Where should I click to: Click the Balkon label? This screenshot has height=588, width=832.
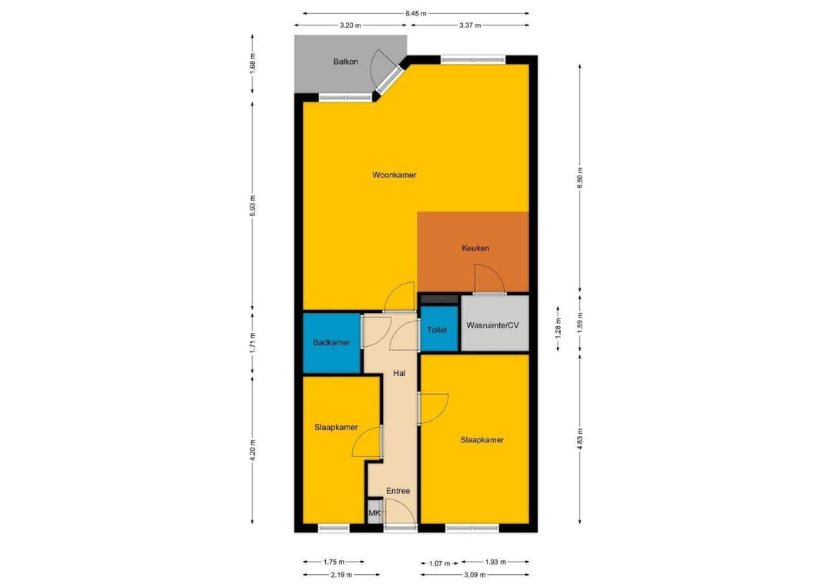pos(345,62)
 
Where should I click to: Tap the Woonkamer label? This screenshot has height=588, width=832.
pos(394,175)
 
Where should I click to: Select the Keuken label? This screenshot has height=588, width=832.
pos(475,248)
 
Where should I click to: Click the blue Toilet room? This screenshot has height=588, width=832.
pos(437,330)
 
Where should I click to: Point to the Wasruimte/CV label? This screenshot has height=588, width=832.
pos(493,325)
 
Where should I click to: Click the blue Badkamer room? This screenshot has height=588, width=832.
pos(331,343)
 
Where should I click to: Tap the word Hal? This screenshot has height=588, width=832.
pos(399,373)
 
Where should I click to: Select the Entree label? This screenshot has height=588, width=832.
pos(398,491)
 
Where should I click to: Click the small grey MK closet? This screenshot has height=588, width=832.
pos(374,513)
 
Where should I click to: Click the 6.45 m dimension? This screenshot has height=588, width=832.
pos(416,13)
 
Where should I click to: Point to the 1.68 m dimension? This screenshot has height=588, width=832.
pos(253,61)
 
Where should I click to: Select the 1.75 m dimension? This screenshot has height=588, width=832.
pos(333,563)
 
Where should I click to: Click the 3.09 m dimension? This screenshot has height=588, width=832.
pos(475,574)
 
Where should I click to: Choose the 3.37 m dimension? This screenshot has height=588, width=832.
pos(468,25)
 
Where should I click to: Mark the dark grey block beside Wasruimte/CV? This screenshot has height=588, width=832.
pos(438,299)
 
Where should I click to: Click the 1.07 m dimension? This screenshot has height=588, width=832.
pos(440,563)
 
